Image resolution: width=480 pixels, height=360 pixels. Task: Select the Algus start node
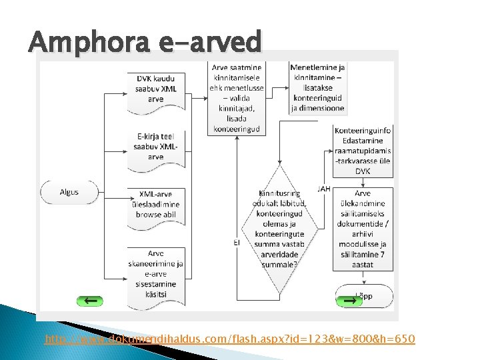pos(69,192)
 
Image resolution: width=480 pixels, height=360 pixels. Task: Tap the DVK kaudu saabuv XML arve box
pos(156,89)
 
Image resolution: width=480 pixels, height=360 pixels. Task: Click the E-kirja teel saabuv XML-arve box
pos(156,146)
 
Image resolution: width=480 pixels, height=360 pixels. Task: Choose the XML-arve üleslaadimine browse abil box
pos(156,204)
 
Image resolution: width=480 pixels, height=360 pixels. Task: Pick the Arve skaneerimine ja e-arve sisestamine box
pos(156,273)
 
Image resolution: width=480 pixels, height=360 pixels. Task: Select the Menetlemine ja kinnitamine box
pos(317,87)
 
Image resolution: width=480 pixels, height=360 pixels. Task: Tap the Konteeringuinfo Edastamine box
pos(363,151)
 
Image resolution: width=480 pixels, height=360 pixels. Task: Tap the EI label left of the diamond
pos(237,244)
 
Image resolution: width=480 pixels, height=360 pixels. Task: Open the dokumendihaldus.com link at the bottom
pos(230,340)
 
